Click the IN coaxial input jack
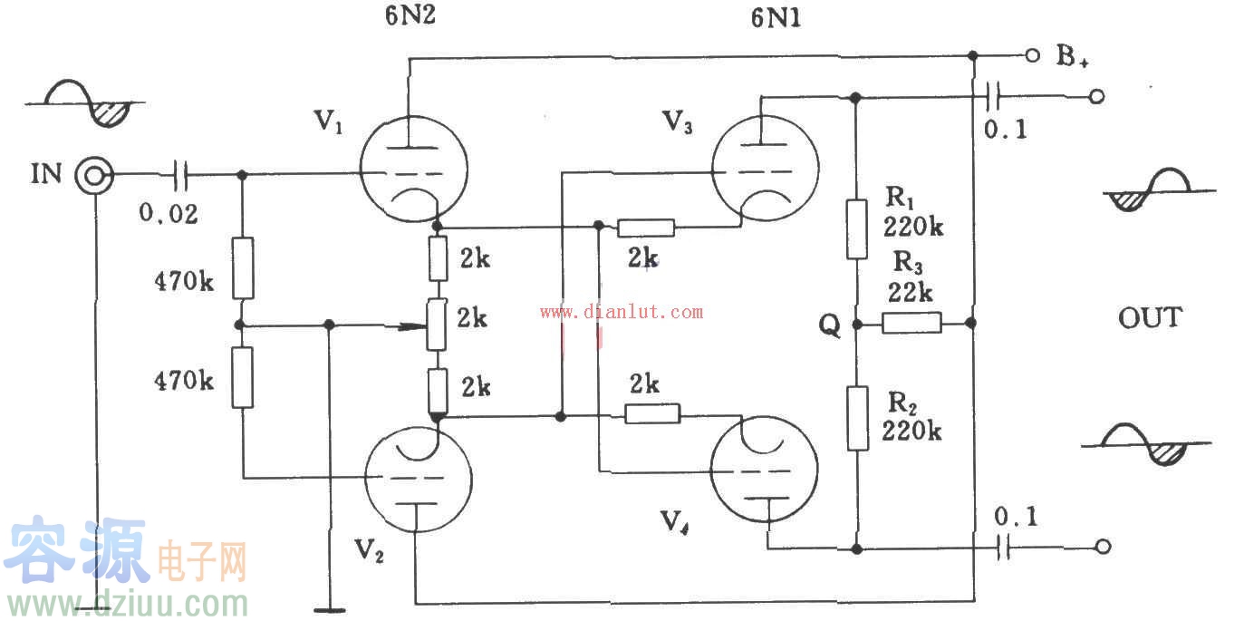[94, 174]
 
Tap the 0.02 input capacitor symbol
[181, 174]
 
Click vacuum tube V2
[418, 477]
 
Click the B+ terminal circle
[1031, 56]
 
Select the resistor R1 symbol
[856, 228]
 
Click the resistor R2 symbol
[857, 417]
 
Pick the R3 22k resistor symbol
[911, 322]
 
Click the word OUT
[1149, 317]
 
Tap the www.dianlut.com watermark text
[621, 313]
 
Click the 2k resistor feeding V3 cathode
[647, 227]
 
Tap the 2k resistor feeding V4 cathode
[652, 414]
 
